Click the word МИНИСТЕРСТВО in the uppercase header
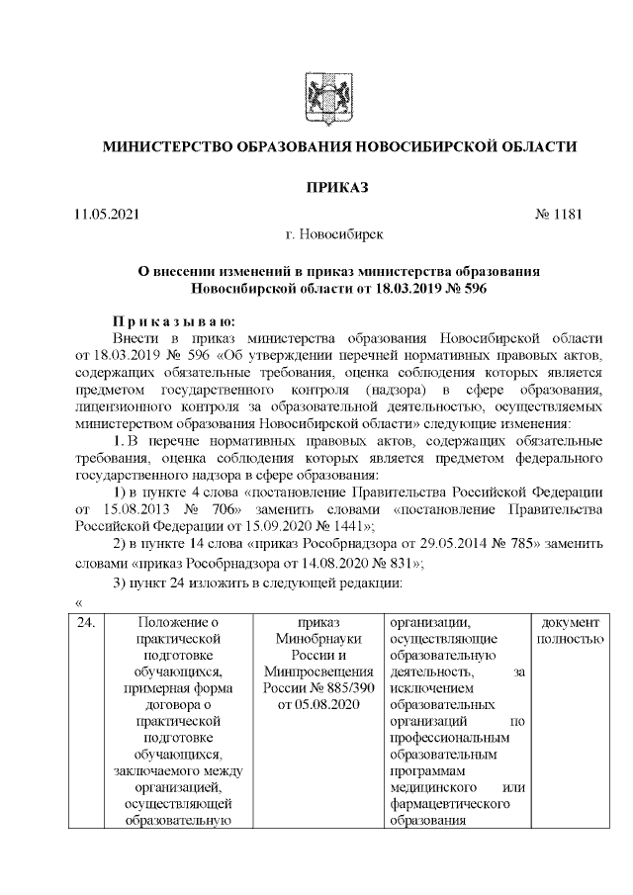(163, 147)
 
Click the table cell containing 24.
(87, 623)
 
